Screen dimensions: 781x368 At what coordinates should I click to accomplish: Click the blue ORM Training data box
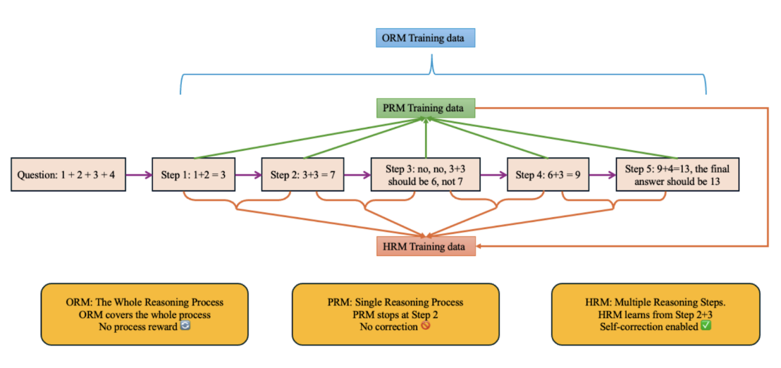coord(425,38)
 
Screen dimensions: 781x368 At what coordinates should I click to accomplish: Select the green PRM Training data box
coord(425,108)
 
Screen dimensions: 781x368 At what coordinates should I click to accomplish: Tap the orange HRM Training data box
coord(426,246)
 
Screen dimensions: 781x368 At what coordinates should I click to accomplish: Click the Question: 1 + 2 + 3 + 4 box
coord(68,175)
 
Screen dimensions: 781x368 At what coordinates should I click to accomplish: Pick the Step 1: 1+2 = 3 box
coord(194,175)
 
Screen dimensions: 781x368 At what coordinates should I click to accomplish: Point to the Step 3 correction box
coord(425,175)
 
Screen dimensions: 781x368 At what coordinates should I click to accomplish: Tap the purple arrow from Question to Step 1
coord(139,175)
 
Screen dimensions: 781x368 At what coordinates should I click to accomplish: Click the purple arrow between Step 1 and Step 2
coord(249,175)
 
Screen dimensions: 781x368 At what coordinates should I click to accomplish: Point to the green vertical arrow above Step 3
coord(425,138)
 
